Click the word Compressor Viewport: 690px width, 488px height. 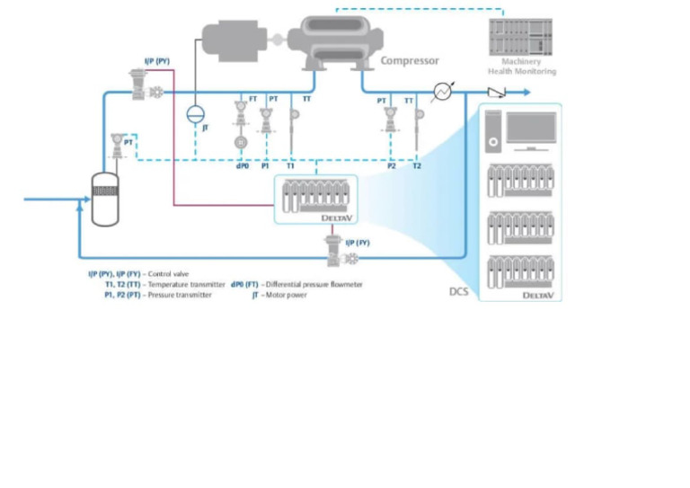(410, 60)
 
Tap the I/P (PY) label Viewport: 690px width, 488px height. (157, 61)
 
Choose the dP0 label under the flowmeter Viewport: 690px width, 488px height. (242, 166)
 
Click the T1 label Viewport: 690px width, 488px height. (290, 166)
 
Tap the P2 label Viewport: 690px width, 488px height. (391, 166)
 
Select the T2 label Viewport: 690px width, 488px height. (417, 166)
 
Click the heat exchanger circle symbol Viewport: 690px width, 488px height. (441, 92)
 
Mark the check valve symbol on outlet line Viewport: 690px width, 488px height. (496, 92)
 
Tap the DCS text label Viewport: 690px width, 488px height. (458, 291)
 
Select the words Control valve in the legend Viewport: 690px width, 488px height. (169, 273)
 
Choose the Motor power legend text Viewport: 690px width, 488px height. (286, 295)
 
